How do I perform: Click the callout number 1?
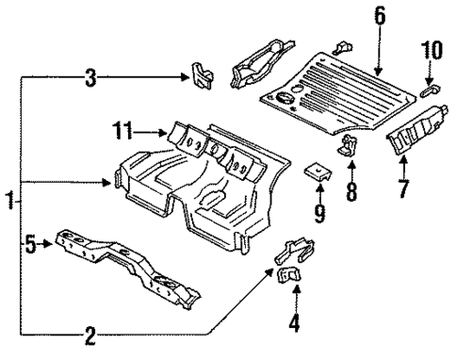[x=9, y=202]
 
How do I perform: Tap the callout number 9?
[x=319, y=214]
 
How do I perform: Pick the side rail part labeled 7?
[x=416, y=129]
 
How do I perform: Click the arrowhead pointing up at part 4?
[x=296, y=287]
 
